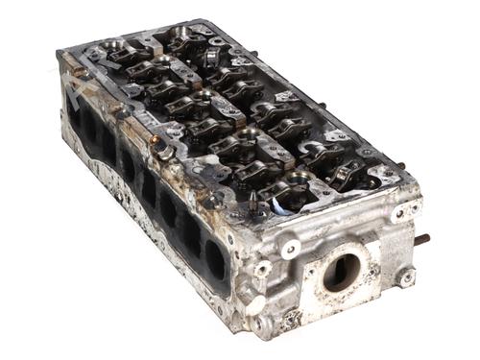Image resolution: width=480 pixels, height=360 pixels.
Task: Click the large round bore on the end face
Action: pos(341,273)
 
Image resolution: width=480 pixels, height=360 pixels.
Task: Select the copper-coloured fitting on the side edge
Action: pos(154,139)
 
